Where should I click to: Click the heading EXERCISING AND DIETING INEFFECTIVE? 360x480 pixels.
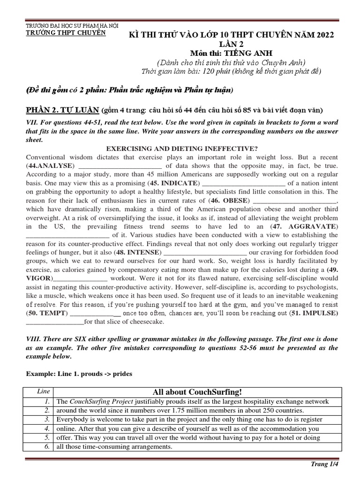click(180, 149)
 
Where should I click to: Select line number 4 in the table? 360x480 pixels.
click(47, 428)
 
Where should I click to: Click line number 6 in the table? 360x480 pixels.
click(47, 447)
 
